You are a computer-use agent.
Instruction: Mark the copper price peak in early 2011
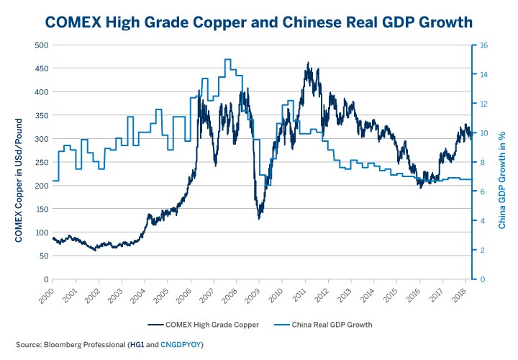point(308,63)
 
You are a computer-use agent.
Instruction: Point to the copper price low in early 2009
point(258,218)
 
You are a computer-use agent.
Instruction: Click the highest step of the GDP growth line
point(227,60)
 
